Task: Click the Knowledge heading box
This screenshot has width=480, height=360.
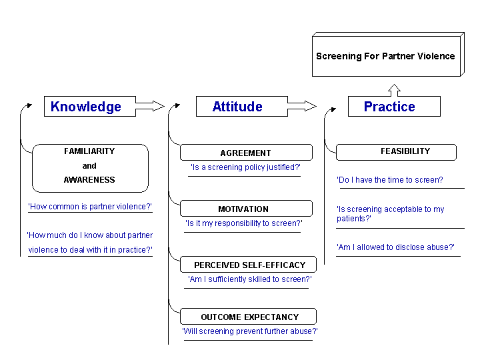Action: point(90,106)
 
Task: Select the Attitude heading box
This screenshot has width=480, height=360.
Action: point(242,106)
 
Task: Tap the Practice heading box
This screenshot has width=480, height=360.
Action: point(394,106)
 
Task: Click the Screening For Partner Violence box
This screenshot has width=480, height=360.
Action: point(388,55)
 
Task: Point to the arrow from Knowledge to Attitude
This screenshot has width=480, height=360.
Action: point(150,106)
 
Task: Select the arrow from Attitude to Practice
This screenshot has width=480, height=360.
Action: point(302,106)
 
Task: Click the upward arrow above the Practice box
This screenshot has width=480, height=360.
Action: point(394,90)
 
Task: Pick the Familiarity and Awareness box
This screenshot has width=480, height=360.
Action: point(90,169)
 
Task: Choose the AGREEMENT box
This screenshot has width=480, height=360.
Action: point(247,153)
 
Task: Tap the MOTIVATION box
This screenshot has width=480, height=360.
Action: point(247,209)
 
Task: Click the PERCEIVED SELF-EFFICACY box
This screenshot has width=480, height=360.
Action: point(248,265)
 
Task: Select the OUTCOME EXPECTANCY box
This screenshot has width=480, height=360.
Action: point(248,317)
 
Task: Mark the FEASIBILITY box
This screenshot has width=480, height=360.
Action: point(396,152)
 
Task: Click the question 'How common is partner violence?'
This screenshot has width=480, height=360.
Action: point(90,207)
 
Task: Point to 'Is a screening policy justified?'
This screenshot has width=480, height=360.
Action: point(245,167)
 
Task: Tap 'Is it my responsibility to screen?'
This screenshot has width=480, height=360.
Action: point(244,223)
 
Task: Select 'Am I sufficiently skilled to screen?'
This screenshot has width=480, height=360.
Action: point(250,279)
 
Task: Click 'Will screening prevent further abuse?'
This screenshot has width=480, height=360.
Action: point(250,331)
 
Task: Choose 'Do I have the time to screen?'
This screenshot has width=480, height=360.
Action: point(390,180)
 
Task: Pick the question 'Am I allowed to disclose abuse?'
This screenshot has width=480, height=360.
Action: point(395,247)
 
